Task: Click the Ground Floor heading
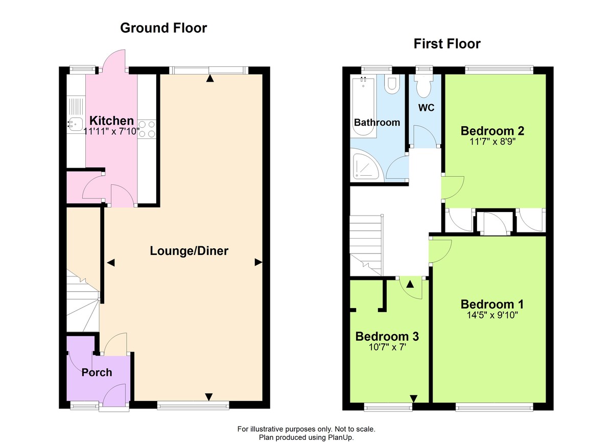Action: coord(163,28)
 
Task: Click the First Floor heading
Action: coord(447,44)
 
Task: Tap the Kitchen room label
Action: coord(112,121)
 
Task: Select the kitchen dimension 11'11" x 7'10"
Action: coord(112,131)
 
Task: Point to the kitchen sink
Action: coord(75,123)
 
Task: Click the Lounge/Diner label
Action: coord(189,251)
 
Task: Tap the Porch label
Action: coord(97,372)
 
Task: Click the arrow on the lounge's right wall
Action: coord(258,262)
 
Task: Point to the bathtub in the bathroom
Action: coord(364,107)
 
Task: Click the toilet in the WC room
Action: coord(423,87)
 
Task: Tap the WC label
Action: coord(426,108)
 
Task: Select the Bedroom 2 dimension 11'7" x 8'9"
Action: coord(492,142)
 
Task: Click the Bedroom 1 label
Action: coord(492,304)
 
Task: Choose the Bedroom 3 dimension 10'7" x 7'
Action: coord(387,347)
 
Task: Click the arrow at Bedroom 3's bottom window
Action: coord(413,398)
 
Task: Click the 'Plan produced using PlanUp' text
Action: coord(306,437)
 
